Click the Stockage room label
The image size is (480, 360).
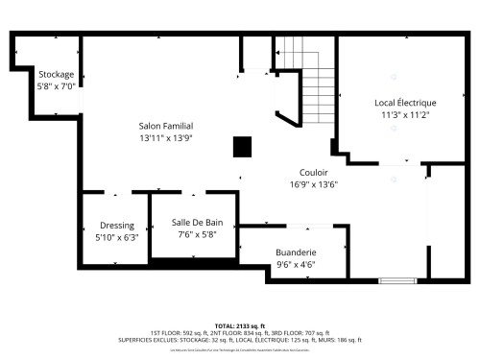57,74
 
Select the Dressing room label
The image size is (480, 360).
117,226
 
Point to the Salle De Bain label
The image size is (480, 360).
197,222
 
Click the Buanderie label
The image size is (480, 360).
296,254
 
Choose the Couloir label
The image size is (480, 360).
314,174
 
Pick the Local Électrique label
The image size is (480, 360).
405,103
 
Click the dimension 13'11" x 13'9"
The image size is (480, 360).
166,138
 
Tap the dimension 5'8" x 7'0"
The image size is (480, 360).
57,85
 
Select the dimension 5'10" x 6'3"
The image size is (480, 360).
117,237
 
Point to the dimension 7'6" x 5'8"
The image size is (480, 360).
197,233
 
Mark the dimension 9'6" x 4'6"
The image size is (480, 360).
296,266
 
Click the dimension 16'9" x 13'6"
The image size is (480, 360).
314,185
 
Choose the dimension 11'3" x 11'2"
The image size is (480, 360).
405,114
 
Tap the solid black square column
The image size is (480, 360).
243,146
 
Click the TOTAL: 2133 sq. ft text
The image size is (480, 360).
240,324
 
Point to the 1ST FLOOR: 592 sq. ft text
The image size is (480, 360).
183,332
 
